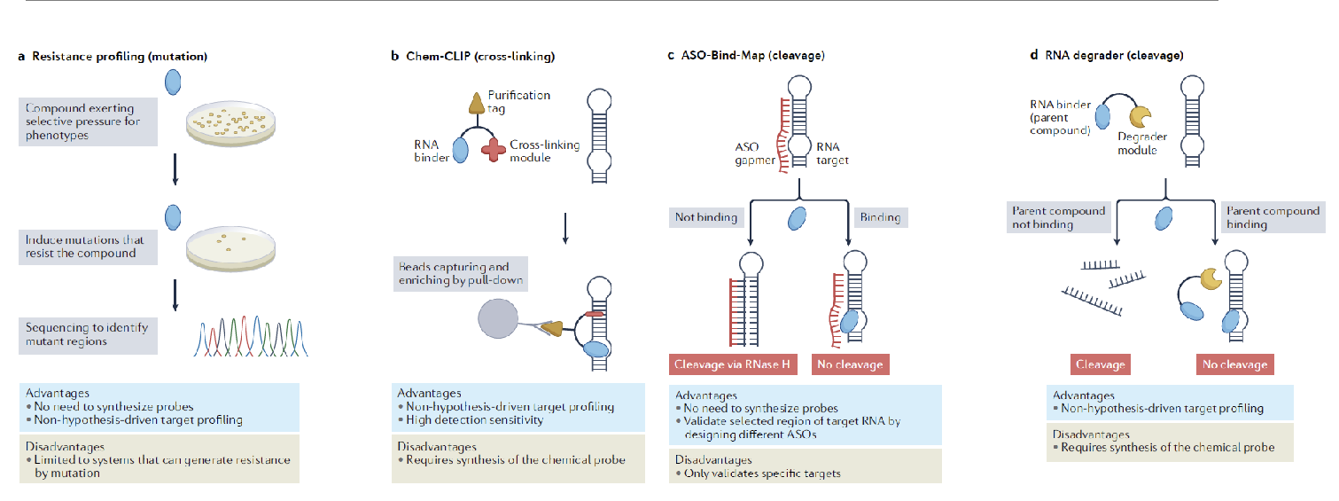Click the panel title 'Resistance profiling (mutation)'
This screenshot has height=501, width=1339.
tap(119, 57)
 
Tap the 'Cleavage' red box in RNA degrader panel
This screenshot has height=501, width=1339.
tap(1100, 364)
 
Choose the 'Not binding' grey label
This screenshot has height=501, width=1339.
tap(707, 217)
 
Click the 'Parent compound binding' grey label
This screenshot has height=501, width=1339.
tap(1272, 217)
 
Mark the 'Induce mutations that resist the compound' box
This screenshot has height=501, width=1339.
tap(88, 247)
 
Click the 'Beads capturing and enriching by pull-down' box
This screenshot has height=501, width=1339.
tap(461, 273)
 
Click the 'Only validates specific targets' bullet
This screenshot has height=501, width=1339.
tap(759, 473)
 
